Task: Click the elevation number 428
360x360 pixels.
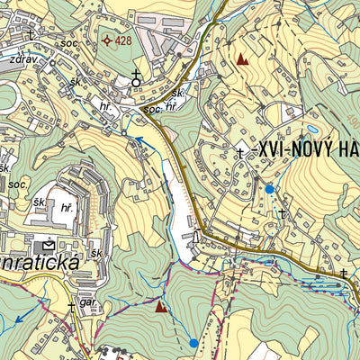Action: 123,40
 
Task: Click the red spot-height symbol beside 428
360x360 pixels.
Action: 106,40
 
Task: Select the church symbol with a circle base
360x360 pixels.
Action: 137,78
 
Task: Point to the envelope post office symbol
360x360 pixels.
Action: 47,244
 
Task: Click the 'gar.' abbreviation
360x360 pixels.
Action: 87,302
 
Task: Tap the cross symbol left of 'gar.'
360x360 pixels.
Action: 71,307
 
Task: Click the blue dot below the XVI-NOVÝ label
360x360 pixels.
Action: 269,189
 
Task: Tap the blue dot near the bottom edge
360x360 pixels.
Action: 193,343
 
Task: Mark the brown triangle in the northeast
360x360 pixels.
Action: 241,59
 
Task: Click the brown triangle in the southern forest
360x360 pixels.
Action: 161,307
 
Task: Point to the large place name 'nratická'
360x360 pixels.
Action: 40,263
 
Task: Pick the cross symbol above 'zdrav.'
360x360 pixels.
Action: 31,35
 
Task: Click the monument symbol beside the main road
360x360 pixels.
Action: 195,237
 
